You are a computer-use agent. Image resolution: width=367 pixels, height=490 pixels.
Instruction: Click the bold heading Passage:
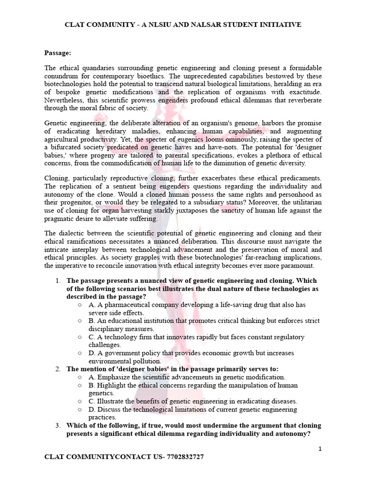pyautogui.click(x=57, y=52)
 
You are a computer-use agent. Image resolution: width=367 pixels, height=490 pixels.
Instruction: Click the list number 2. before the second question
pyautogui.click(x=57, y=369)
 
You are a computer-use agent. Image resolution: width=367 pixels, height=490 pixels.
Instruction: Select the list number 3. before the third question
pyautogui.click(x=57, y=425)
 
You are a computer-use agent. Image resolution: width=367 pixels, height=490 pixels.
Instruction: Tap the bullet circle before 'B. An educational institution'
pyautogui.click(x=80, y=321)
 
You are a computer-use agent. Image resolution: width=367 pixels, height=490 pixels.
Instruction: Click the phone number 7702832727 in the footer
pyautogui.click(x=183, y=457)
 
